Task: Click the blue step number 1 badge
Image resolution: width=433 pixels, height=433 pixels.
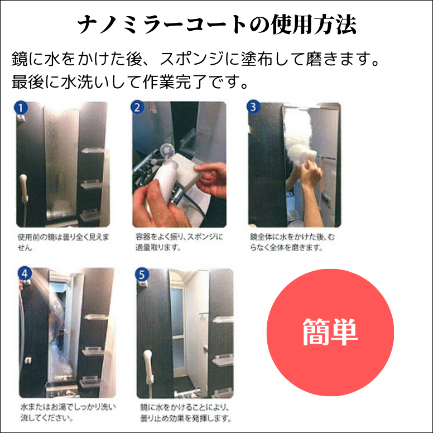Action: tap(21, 108)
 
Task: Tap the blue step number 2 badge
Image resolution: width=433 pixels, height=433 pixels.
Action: tap(138, 108)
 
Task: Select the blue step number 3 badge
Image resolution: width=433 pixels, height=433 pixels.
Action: tap(254, 107)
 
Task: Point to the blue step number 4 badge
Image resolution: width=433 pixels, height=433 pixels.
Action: tap(24, 273)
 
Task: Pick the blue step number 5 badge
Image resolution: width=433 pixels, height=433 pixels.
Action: tap(142, 273)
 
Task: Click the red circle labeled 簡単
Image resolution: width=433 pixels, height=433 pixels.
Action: tap(330, 333)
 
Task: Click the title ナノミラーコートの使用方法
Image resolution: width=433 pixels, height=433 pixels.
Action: tap(216, 25)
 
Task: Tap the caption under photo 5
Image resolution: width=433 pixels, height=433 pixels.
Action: tap(185, 412)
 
